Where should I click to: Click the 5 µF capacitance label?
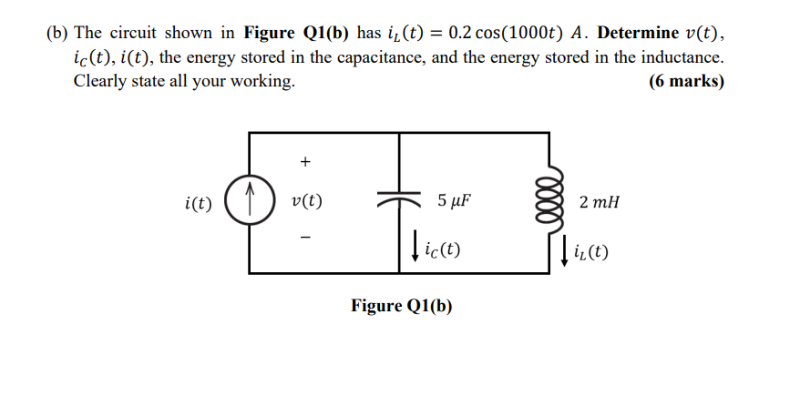454,201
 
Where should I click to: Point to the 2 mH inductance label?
599,201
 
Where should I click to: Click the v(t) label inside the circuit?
306,201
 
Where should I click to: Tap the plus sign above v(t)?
305,162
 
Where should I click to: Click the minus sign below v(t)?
305,239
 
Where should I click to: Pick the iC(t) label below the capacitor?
442,249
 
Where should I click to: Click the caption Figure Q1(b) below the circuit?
401,305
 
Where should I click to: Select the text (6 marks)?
687,81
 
